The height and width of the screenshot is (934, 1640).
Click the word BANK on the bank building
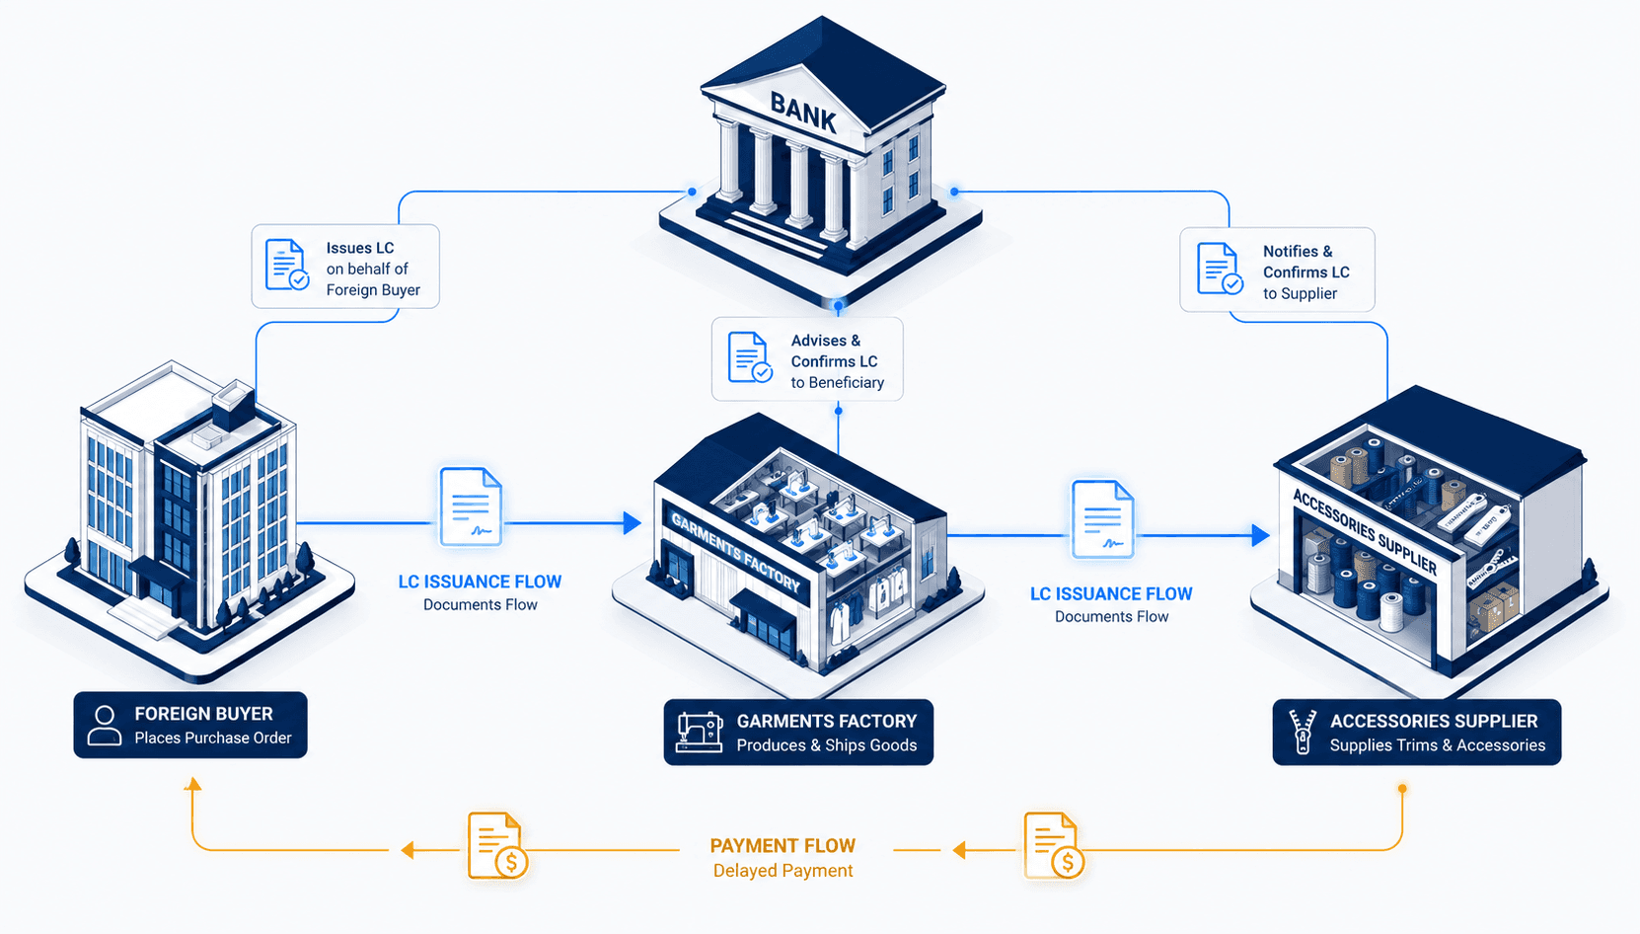tap(803, 113)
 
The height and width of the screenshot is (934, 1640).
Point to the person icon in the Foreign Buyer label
tap(105, 726)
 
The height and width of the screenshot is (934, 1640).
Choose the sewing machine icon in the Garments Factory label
tap(700, 732)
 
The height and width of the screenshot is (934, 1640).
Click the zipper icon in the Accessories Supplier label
tap(1303, 731)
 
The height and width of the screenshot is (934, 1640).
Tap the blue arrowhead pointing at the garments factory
tap(632, 523)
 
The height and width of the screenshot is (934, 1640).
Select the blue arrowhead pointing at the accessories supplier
tap(1260, 535)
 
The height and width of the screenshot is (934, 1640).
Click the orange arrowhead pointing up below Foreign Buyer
tap(192, 785)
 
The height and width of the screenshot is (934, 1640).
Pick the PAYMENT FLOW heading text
tap(783, 845)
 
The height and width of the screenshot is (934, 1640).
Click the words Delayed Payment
tap(783, 870)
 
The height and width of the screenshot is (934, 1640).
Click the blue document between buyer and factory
tap(471, 506)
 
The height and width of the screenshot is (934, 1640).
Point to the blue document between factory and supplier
tap(1102, 519)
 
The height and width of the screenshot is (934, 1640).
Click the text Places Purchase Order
tap(213, 738)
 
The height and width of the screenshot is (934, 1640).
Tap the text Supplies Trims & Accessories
tap(1437, 745)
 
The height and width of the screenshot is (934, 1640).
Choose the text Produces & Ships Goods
tap(827, 745)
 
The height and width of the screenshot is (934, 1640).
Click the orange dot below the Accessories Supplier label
tap(1402, 789)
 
